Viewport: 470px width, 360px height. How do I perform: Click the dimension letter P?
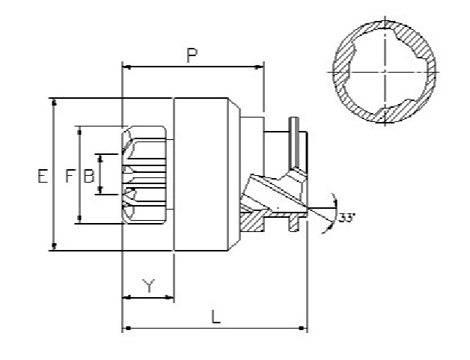[192, 55]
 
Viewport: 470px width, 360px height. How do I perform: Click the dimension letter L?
[216, 317]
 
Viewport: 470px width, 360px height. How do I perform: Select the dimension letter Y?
[148, 285]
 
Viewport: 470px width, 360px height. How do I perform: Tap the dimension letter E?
[43, 176]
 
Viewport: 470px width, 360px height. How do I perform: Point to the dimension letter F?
[70, 176]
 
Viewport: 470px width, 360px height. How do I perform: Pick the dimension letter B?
[89, 176]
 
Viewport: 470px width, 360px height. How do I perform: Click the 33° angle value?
[347, 218]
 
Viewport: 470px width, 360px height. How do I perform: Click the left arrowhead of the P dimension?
[127, 68]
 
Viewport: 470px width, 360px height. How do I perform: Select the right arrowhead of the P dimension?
[259, 68]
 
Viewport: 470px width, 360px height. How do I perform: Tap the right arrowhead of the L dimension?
[303, 329]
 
